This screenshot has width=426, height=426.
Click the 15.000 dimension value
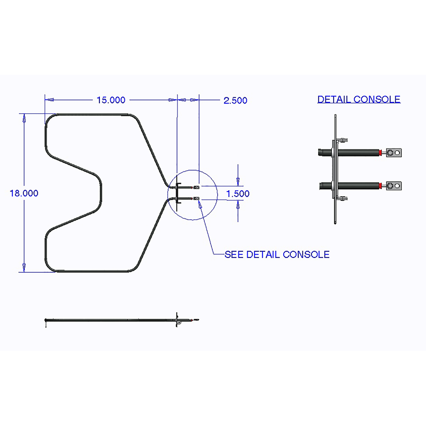tap(111, 100)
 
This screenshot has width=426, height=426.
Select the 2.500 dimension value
tap(235, 100)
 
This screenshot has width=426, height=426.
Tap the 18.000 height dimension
tap(24, 193)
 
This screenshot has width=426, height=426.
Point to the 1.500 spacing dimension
tap(238, 193)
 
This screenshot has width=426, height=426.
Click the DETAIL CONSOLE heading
tap(359, 99)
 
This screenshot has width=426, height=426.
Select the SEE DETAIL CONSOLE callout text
tap(277, 255)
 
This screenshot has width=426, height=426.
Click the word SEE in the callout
tap(234, 255)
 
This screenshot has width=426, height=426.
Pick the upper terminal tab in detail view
tap(394, 153)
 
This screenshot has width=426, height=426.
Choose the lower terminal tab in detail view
tap(394, 186)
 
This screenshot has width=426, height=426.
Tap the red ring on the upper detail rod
tap(381, 153)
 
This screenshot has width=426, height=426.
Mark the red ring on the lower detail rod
tap(381, 186)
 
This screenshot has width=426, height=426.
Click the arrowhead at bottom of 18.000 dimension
tap(24, 267)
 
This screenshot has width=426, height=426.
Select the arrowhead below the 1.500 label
tap(238, 205)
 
